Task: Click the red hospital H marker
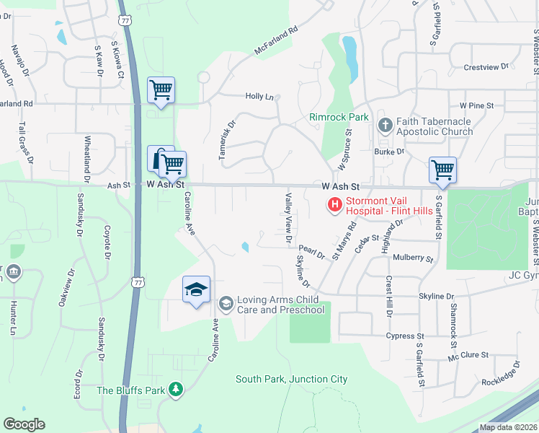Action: pos(334,206)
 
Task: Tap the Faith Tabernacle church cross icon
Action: pos(385,126)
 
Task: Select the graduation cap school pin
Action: pos(196,289)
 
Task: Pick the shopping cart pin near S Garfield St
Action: pos(442,170)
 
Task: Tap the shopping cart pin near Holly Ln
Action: pos(161,90)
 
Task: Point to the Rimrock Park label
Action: pos(339,117)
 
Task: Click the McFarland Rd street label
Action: pos(275,43)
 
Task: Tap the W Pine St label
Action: pos(476,105)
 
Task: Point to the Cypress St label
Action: pos(405,336)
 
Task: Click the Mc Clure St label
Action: pos(468,355)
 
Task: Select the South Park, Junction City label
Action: pos(291,379)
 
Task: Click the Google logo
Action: pos(24,424)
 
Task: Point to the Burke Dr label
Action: pos(389,152)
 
